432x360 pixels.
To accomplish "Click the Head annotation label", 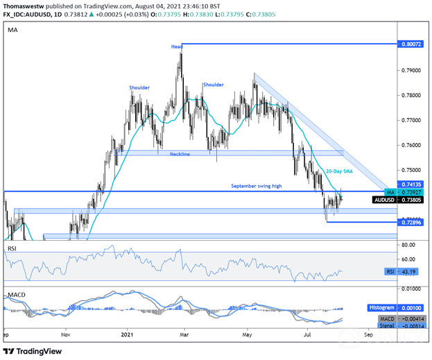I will [177, 46].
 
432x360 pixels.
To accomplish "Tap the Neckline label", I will [180, 154].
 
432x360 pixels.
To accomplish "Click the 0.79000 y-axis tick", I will [412, 70].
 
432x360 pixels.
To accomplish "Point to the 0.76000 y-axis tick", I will [412, 145].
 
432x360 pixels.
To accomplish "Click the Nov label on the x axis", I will [66, 333].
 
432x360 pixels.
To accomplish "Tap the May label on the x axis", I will [247, 333].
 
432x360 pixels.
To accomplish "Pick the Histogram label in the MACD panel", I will [382, 307].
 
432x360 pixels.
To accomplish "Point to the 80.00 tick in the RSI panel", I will [409, 245].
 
